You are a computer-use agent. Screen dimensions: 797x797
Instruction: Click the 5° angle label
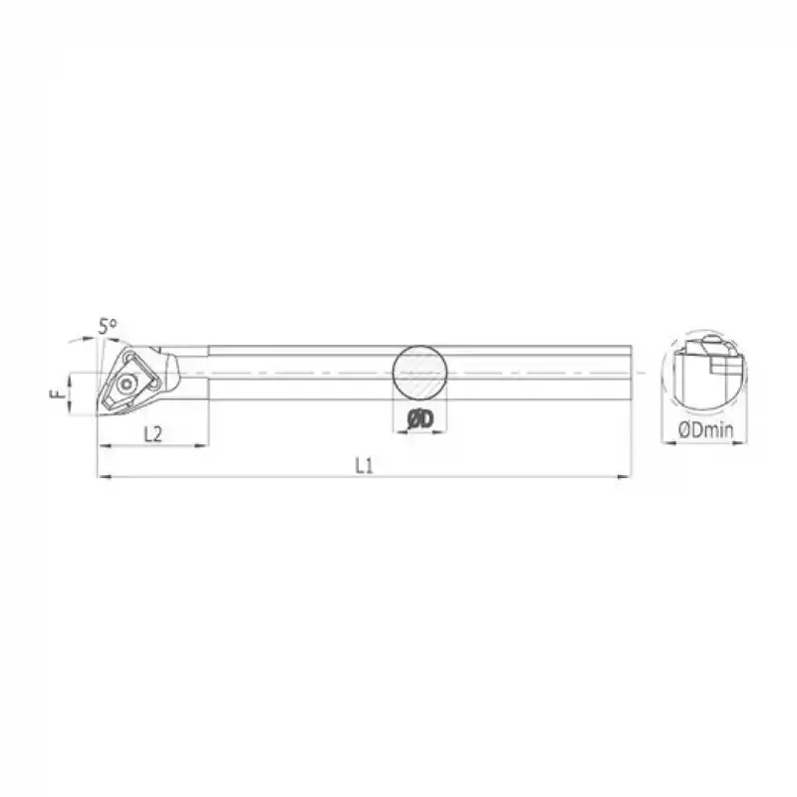(x=108, y=326)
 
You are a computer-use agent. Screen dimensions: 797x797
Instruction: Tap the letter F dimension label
(x=56, y=396)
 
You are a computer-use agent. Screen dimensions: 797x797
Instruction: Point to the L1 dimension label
(x=364, y=465)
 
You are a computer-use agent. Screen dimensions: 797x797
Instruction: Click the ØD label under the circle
(x=419, y=422)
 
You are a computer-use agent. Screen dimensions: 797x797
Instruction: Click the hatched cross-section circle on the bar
(x=418, y=374)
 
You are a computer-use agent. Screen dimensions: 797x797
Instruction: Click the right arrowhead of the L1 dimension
(x=628, y=478)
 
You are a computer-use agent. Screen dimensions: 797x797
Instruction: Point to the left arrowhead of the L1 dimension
(x=101, y=478)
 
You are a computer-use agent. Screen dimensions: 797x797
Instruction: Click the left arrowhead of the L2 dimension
(x=101, y=444)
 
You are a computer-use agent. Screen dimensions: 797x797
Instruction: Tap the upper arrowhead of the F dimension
(x=68, y=378)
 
